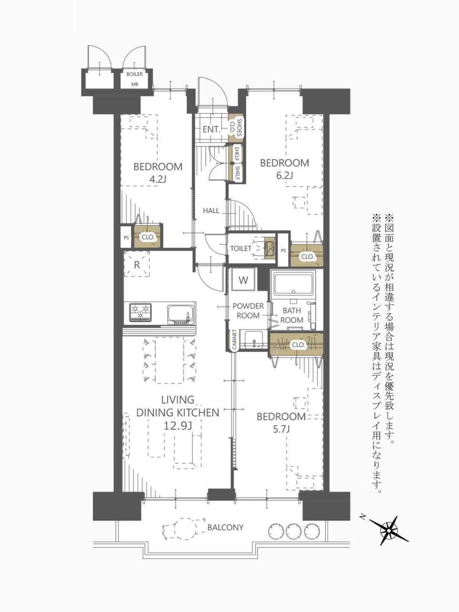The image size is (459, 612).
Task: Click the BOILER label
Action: click(x=135, y=74)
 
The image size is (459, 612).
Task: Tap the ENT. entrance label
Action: click(x=212, y=130)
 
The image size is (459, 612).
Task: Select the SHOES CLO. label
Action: click(x=236, y=127)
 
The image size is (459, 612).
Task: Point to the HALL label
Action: click(x=211, y=211)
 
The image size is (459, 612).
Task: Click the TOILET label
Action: click(x=241, y=248)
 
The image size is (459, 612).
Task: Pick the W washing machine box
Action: click(x=243, y=280)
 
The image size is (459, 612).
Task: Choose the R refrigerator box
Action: click(x=137, y=264)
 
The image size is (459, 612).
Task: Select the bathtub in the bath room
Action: click(x=294, y=285)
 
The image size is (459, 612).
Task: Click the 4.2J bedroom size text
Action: click(x=158, y=180)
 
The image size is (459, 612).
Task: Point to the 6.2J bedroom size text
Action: click(x=284, y=175)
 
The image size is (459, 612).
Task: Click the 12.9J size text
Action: click(x=178, y=426)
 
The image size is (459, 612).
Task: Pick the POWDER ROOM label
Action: click(x=248, y=311)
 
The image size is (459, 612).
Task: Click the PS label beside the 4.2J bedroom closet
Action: click(x=127, y=238)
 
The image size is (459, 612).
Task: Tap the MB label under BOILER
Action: click(x=135, y=84)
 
